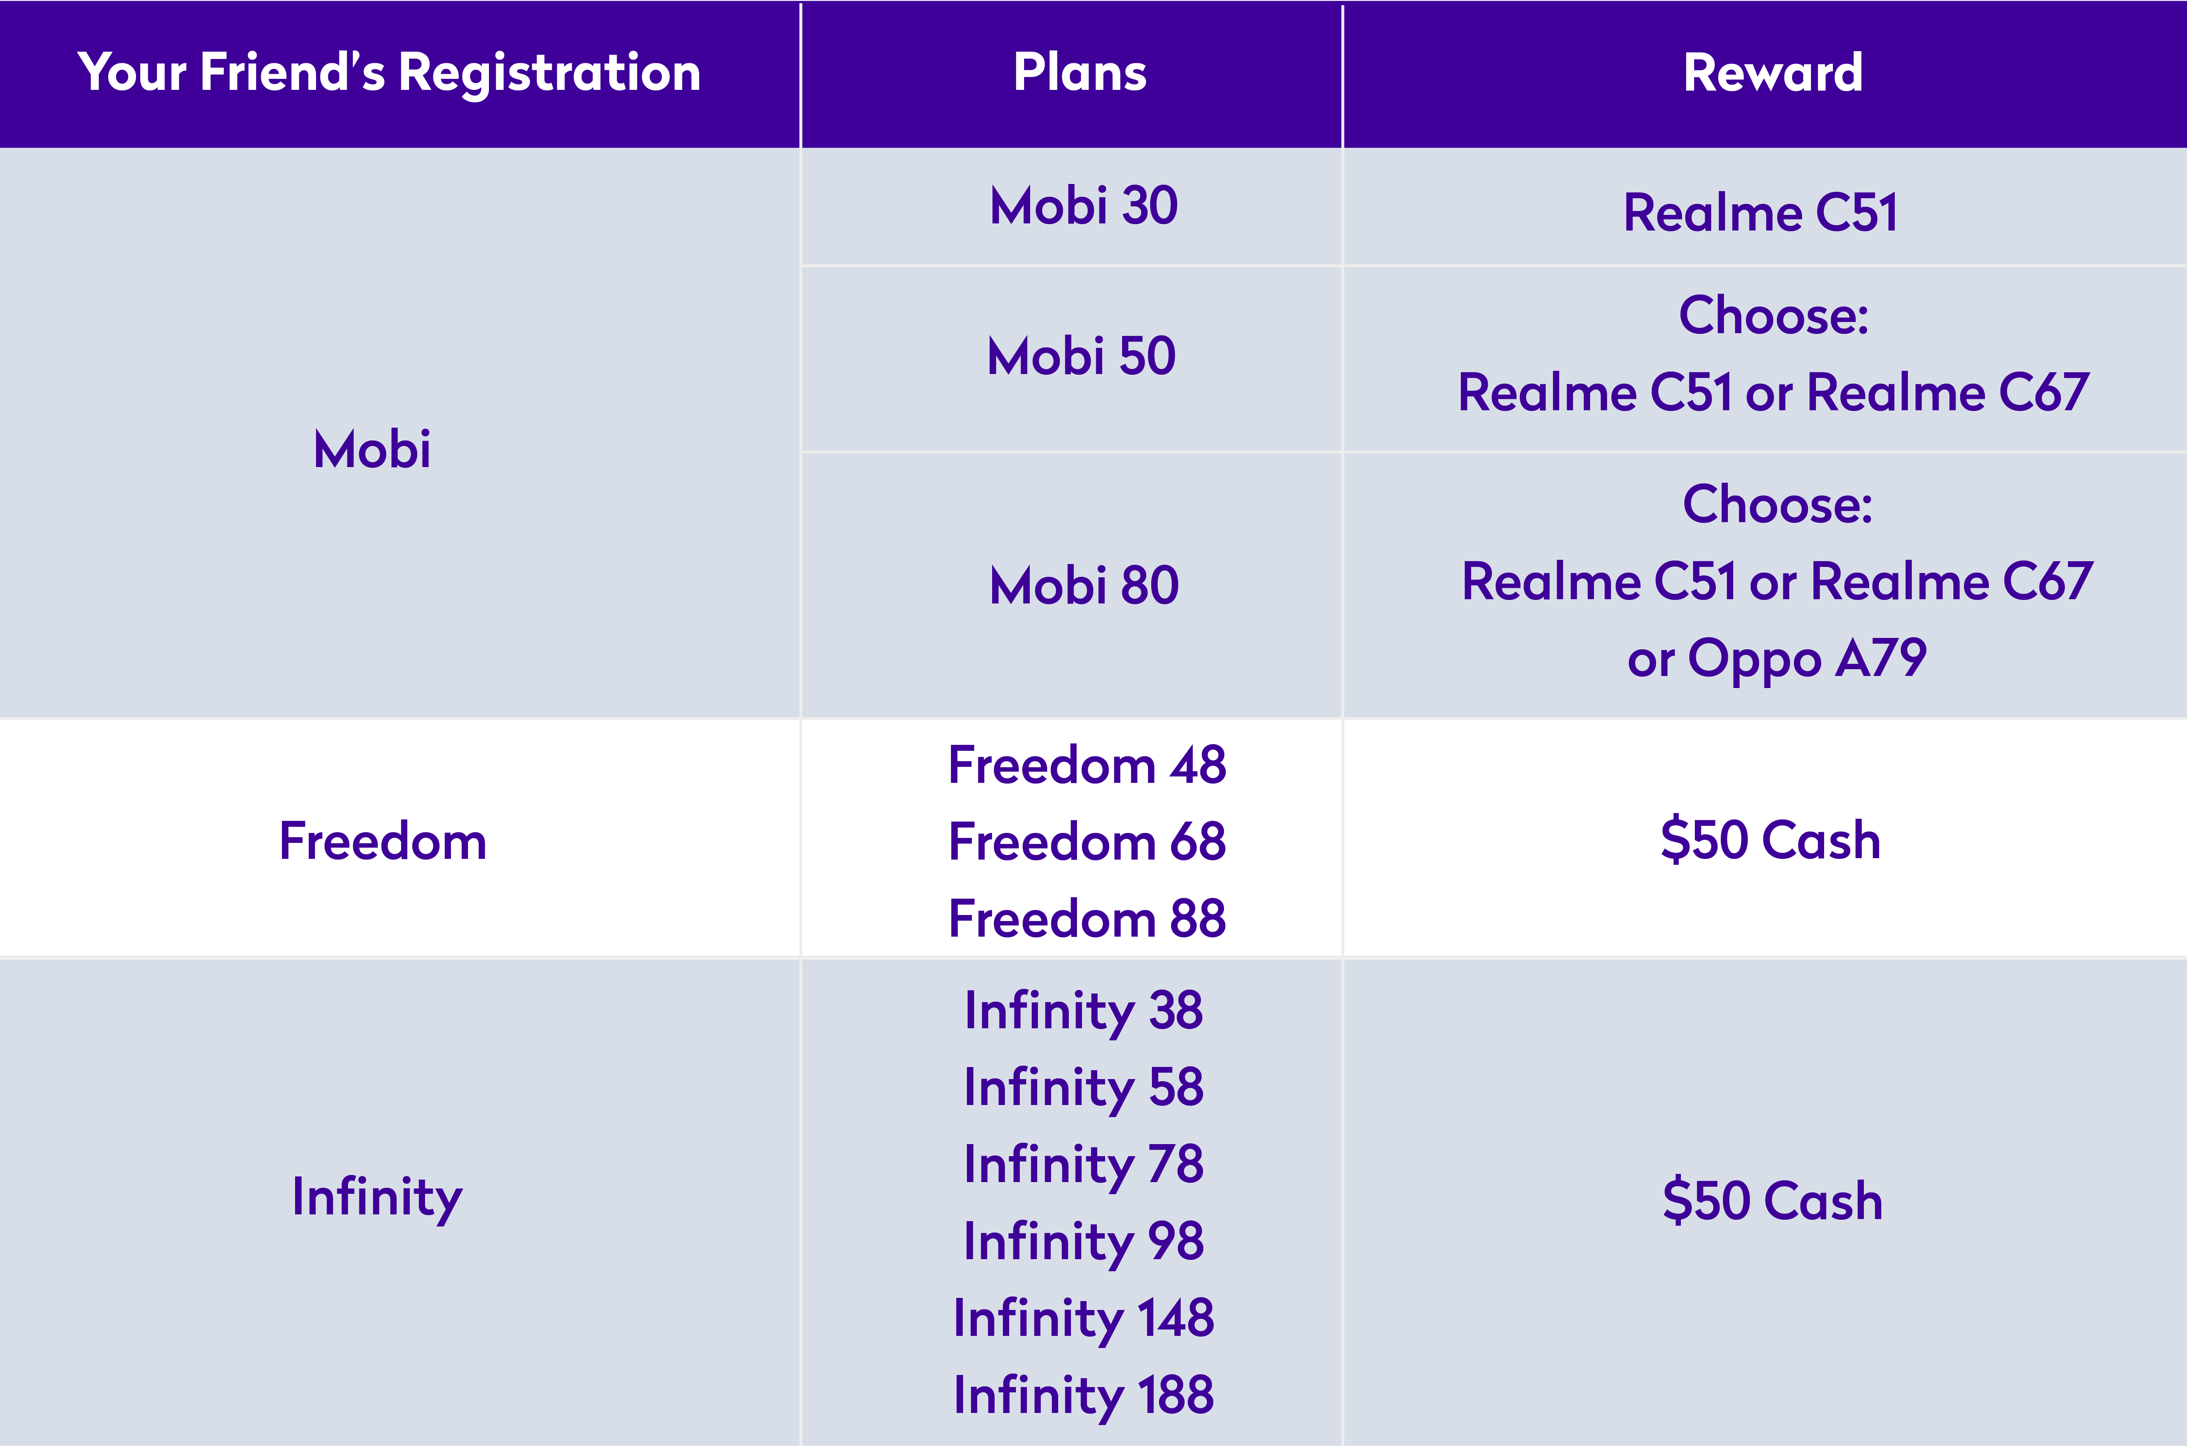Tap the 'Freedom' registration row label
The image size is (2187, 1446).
coord(383,841)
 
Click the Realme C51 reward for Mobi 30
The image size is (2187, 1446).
coord(1761,213)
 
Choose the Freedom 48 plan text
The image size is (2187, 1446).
coord(1087,765)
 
